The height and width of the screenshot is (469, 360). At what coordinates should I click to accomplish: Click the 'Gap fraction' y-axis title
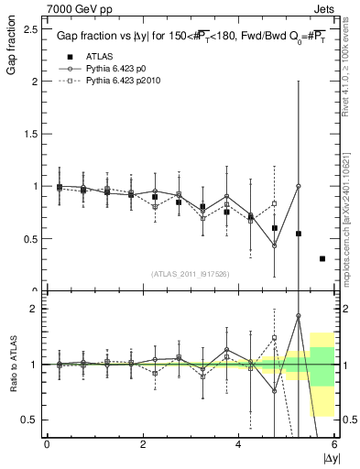point(12,50)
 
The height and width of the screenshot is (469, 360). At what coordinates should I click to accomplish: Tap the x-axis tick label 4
point(239,444)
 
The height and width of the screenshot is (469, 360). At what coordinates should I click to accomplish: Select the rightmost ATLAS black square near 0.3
point(322,259)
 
